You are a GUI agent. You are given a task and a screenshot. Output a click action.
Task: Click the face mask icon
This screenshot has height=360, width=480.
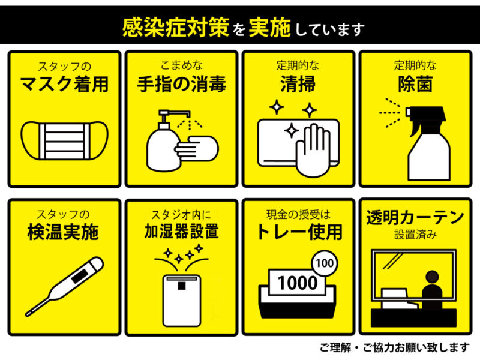(64, 140)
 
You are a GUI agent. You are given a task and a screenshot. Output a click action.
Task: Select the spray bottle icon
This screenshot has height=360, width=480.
(428, 143)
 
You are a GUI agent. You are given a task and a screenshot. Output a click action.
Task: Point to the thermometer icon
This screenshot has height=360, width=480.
(65, 286)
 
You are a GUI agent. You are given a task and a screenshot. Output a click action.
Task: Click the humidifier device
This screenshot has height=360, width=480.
(182, 301)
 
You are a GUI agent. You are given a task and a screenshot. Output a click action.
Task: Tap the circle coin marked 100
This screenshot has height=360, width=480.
(325, 263)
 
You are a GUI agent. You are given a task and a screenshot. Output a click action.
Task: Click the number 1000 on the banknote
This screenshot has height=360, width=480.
(298, 283)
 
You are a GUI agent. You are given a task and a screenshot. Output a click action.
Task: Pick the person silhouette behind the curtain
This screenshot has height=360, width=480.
(432, 289)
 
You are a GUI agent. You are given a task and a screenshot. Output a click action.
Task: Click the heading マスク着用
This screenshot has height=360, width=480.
(64, 84)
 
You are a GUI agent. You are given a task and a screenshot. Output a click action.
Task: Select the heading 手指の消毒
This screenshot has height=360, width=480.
(182, 84)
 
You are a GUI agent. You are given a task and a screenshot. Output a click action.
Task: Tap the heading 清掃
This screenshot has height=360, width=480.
(298, 84)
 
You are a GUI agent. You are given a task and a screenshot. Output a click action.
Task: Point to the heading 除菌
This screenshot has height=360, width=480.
(415, 84)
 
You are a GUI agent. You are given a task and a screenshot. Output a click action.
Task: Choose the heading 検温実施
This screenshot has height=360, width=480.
(63, 232)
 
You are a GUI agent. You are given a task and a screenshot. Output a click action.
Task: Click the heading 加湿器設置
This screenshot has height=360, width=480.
(182, 231)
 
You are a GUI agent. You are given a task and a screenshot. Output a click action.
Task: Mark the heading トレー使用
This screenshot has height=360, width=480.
(299, 232)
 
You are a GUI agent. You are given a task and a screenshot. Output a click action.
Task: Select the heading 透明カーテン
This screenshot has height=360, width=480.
(415, 218)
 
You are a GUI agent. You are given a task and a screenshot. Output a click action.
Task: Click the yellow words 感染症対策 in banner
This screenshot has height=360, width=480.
(175, 28)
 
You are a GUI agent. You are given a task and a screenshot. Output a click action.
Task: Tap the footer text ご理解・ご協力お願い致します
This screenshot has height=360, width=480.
(395, 347)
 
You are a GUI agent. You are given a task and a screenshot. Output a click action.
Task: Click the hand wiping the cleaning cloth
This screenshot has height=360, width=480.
(313, 150)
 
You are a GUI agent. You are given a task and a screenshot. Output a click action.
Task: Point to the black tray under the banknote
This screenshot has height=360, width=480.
(298, 302)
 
